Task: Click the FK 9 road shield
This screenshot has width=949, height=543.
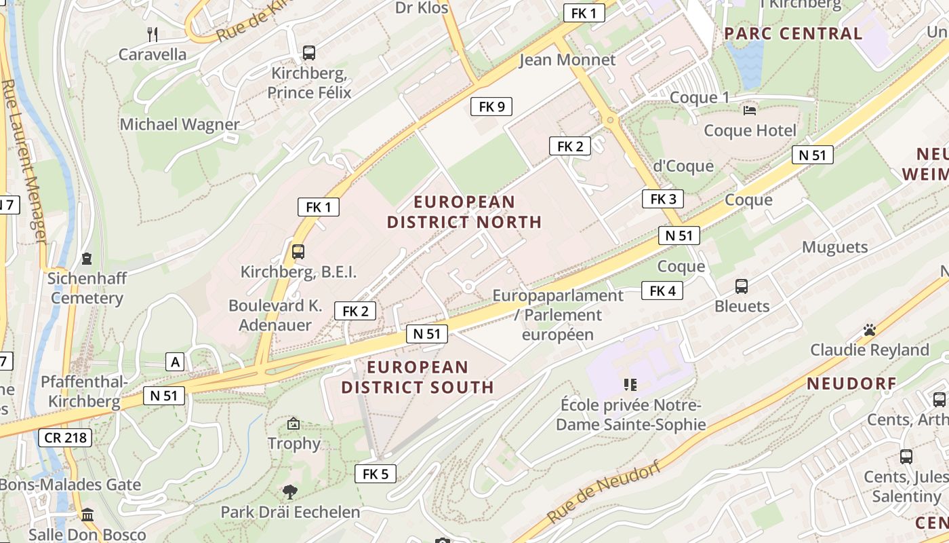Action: coord(491,107)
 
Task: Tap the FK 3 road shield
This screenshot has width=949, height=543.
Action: coord(663,199)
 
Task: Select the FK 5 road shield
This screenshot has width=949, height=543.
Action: coord(375,474)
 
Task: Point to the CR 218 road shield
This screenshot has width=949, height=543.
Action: coord(65,438)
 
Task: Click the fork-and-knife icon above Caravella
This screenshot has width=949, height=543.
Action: coord(153,34)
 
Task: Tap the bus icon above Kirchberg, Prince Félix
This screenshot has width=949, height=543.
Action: coord(309,52)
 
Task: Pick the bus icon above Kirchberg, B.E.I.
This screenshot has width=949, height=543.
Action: coord(298,252)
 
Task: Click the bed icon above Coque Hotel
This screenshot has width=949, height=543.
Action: coord(750,110)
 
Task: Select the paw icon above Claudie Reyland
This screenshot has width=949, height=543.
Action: coord(870,330)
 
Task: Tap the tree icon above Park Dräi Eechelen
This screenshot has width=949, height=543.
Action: coord(290,491)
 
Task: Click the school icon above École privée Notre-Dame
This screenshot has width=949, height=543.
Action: coord(630,385)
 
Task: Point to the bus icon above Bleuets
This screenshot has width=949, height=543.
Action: coord(742,286)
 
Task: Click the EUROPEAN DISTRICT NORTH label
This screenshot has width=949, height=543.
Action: coord(464,212)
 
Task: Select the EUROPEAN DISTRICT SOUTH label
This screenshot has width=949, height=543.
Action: coord(418,377)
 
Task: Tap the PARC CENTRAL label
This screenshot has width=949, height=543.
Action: coord(793,33)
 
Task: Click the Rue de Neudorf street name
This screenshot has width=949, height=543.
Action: coord(603,493)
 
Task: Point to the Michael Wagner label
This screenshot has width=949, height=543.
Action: coord(180,125)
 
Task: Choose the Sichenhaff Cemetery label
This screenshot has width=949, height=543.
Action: coord(87,288)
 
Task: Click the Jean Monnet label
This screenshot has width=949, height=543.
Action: coord(567,60)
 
